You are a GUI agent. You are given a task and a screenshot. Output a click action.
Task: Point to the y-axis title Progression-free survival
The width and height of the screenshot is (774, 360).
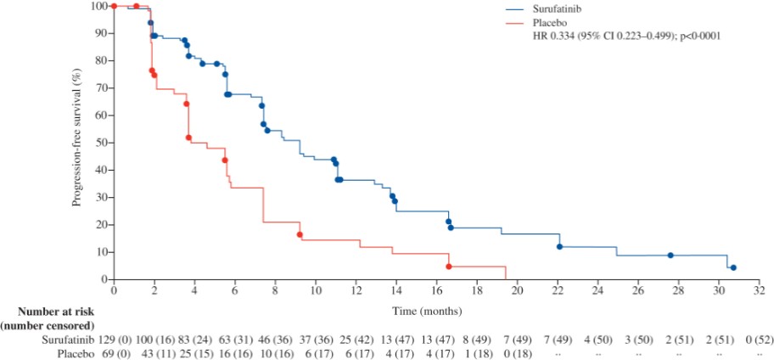[77, 141]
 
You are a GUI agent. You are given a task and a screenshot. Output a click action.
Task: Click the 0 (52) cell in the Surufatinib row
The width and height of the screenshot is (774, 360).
[759, 340]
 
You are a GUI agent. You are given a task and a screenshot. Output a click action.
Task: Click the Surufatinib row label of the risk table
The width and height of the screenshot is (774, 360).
[69, 340]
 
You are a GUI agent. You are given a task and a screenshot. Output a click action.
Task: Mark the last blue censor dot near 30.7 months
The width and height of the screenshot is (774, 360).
[733, 267]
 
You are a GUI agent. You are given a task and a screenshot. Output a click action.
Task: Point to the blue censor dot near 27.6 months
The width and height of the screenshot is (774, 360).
[670, 256]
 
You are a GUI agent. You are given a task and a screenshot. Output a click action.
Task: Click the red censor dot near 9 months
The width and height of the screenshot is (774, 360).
[300, 234]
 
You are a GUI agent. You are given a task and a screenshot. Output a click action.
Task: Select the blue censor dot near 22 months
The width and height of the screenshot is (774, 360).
[559, 247]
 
